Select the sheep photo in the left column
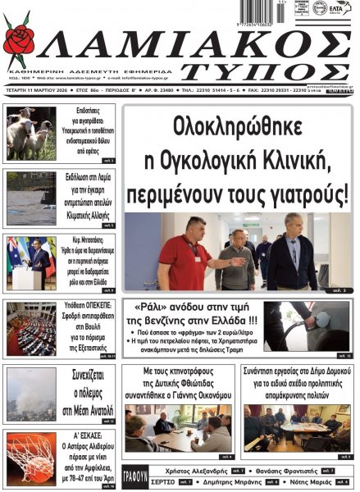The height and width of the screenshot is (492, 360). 30,133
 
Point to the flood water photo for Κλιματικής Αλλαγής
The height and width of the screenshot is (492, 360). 30,198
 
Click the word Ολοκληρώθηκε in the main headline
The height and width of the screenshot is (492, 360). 238,128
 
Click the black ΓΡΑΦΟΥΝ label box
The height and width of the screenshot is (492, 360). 134,476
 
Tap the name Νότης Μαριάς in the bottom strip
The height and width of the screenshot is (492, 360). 311,482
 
